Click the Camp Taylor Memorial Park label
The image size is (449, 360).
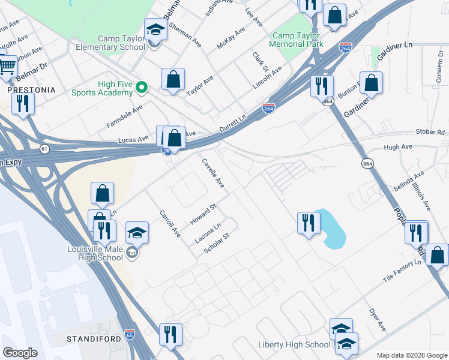296,40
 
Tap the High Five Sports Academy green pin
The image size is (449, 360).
142,88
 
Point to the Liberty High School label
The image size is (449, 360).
294,344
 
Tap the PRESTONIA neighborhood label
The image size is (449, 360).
31,89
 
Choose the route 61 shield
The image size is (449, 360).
44,148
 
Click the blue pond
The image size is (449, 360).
332,230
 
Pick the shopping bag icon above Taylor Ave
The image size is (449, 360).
173,79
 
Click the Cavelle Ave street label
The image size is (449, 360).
213,173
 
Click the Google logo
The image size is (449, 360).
20,353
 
